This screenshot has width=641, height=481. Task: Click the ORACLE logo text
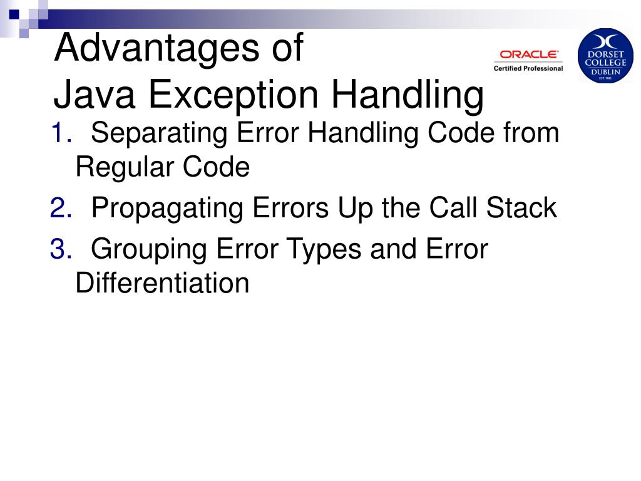pos(529,54)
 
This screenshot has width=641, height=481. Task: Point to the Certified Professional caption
pos(528,68)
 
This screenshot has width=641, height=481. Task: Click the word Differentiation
pos(162,283)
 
